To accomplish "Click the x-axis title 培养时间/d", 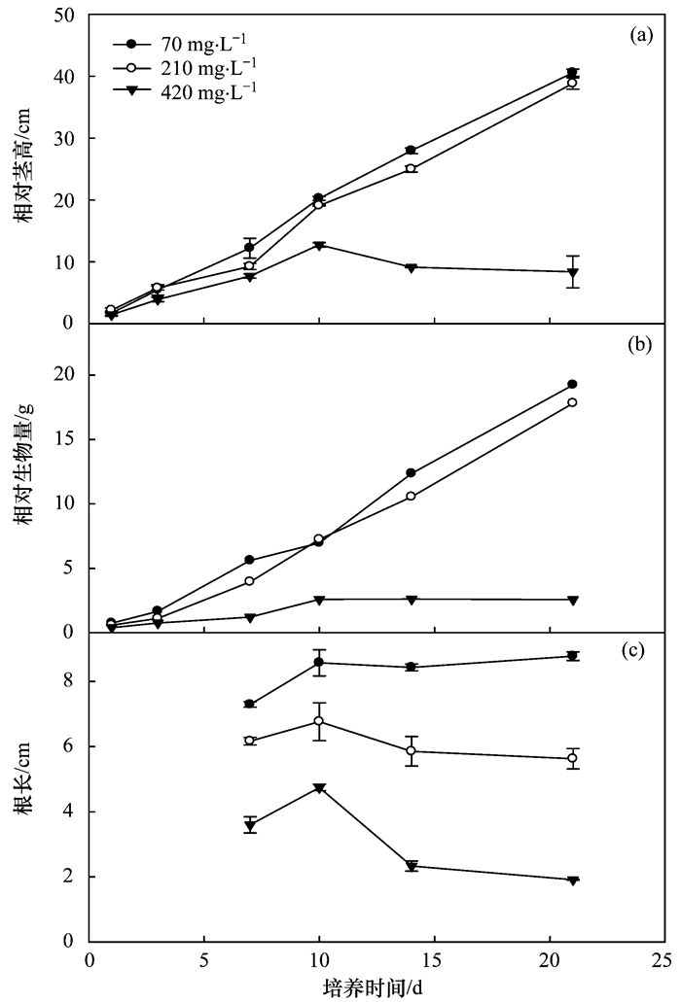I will [x=374, y=987].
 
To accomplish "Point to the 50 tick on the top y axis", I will [x=65, y=15].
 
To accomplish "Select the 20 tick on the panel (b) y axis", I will [x=65, y=375].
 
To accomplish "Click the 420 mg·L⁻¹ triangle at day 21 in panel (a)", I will [x=573, y=272].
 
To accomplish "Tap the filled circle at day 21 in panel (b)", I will [x=573, y=384].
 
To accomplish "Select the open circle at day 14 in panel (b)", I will [x=412, y=496].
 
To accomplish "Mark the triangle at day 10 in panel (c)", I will [x=318, y=788].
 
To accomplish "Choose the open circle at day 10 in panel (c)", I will [x=318, y=721].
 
